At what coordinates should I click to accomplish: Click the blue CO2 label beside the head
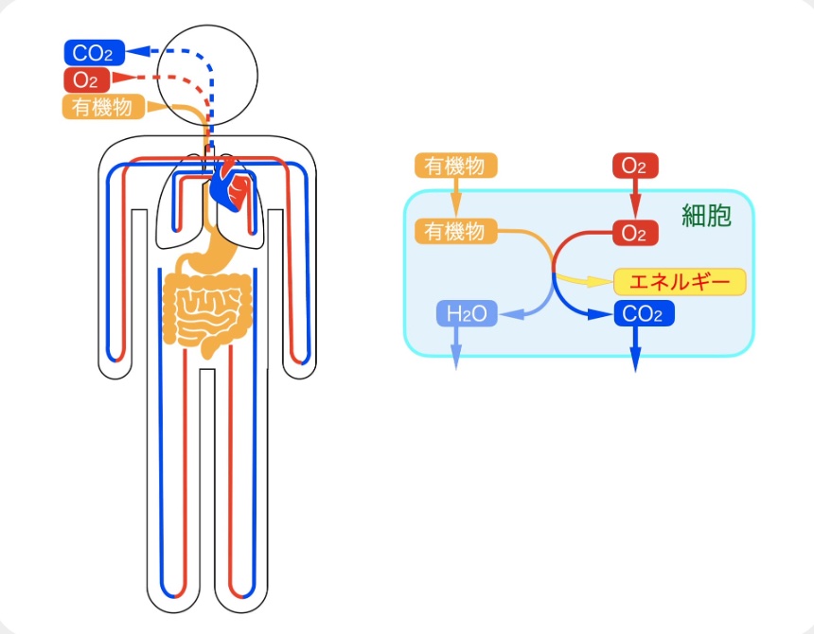[x=93, y=53]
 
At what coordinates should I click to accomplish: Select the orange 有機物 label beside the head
[x=102, y=107]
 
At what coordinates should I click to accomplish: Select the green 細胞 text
[x=706, y=216]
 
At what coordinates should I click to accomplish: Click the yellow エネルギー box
[x=680, y=282]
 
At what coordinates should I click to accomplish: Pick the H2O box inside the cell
[x=466, y=314]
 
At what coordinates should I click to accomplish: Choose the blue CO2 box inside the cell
[x=644, y=314]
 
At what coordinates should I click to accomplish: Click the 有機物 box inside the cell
[x=455, y=231]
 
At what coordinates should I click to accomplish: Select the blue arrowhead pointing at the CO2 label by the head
[x=137, y=52]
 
